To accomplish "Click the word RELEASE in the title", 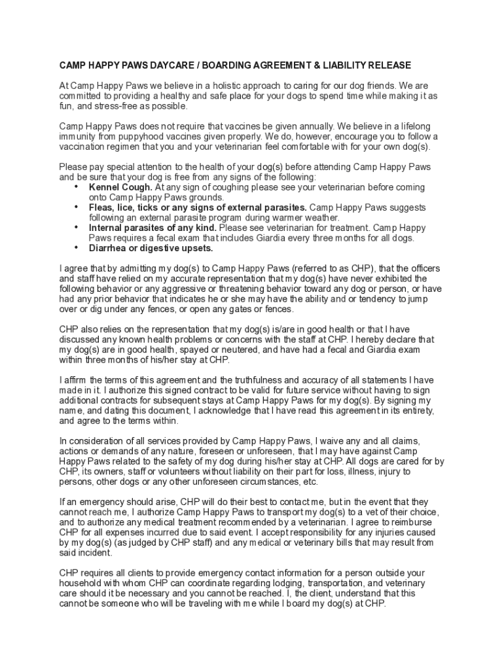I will point(387,65).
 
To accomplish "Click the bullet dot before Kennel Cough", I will point(77,186).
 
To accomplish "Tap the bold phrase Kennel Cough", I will point(120,187).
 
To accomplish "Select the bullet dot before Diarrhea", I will point(77,247).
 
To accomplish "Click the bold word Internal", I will point(108,228).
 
